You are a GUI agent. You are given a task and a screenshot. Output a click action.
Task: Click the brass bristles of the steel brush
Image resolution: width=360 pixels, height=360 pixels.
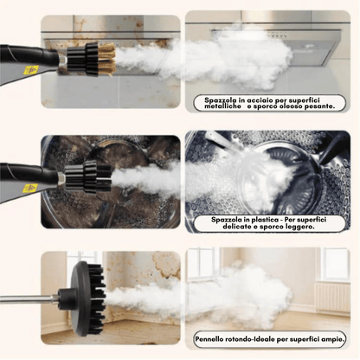pos(106,59)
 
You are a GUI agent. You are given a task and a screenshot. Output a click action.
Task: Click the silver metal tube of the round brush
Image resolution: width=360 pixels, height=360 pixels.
pos(29,299)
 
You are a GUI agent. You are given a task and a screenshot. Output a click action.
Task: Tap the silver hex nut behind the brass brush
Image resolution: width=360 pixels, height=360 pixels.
pos(62,62)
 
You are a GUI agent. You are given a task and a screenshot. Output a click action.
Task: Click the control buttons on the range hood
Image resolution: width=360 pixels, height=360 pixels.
pos(277,35)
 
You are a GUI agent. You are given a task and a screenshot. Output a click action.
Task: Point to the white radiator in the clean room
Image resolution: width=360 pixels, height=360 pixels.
pos(332,297)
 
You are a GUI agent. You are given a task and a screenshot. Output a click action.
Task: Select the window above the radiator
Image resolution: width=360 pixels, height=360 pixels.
pos(336,263)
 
